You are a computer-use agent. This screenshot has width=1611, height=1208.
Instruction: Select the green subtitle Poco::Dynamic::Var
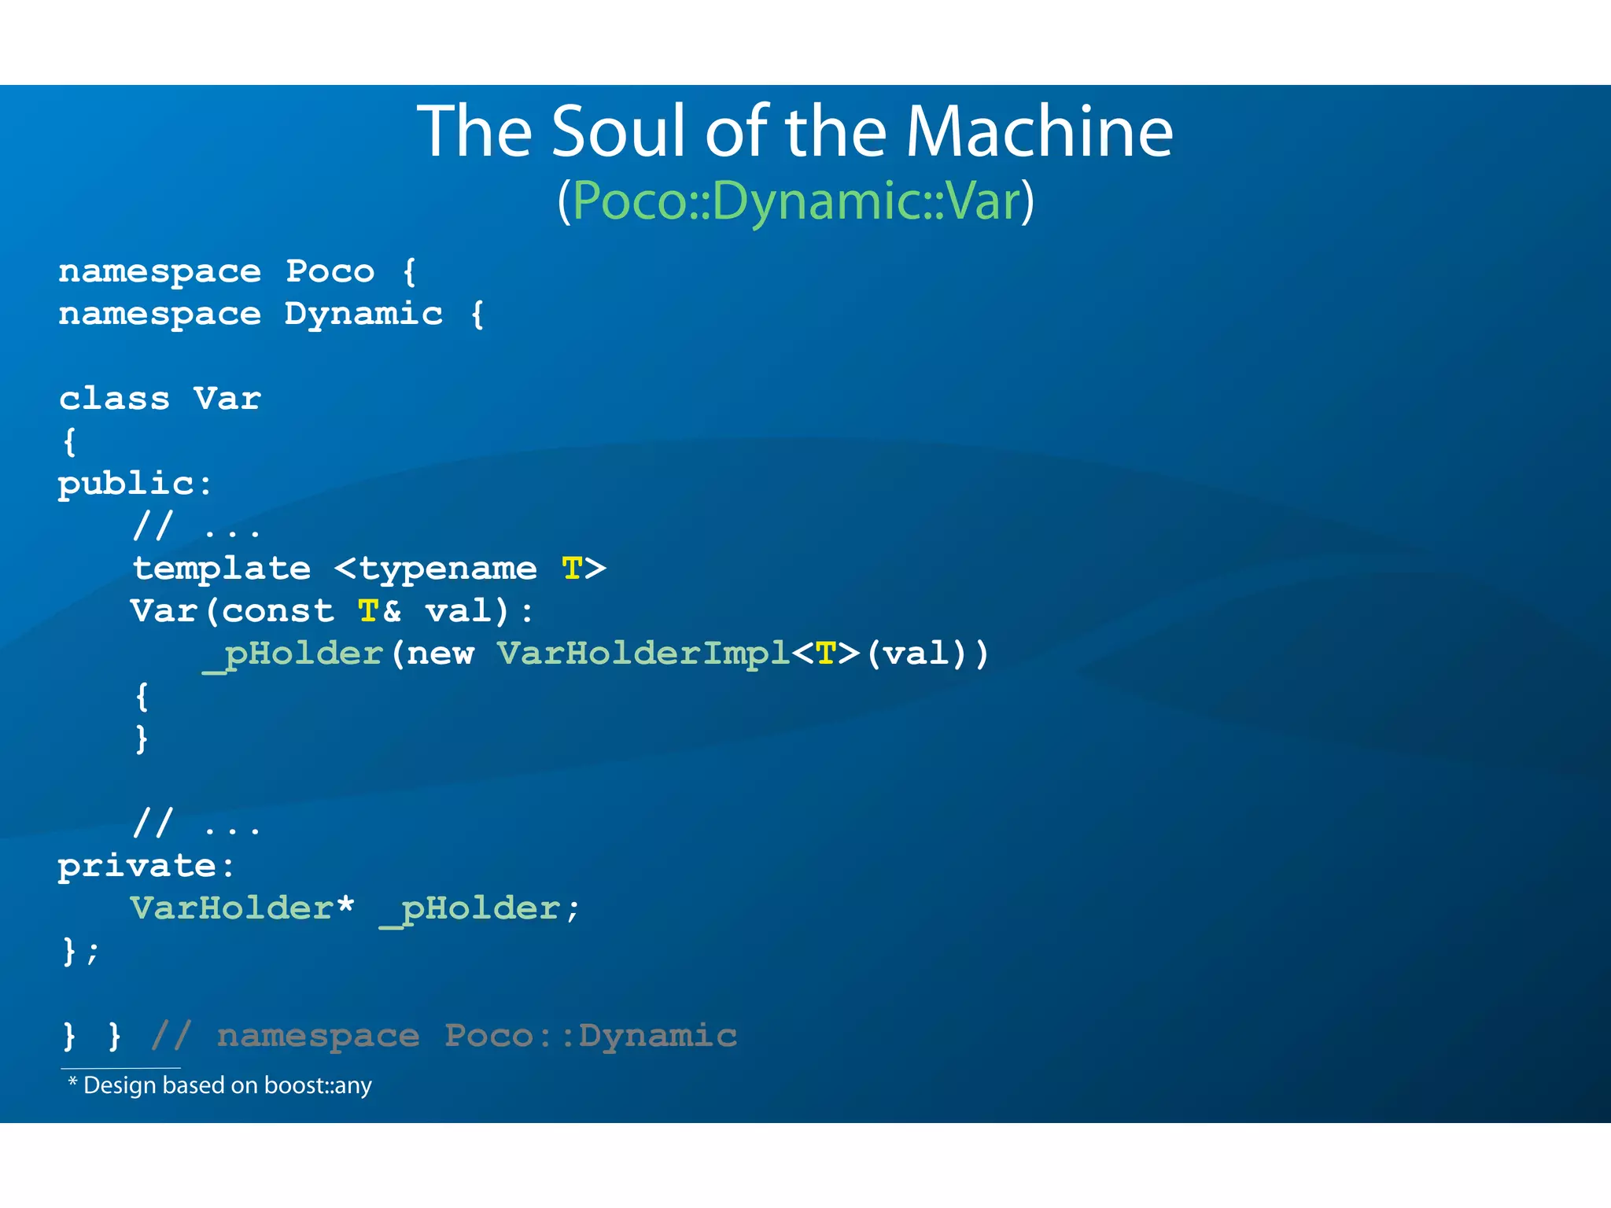795,201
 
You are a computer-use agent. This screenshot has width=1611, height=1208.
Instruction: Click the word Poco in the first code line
330,271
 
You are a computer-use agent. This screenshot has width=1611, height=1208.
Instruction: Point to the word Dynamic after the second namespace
363,314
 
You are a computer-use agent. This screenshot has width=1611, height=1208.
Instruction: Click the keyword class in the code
114,399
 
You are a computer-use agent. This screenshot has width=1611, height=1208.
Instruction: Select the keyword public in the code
126,484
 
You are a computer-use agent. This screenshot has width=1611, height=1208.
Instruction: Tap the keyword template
222,568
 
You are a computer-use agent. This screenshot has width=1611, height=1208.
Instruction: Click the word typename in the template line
448,569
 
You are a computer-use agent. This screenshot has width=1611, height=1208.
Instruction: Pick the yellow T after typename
572,568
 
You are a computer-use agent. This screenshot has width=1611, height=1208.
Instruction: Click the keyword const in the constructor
278,611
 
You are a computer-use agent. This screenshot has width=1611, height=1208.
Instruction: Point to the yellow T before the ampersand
368,611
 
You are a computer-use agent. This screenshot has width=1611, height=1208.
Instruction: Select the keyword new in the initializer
441,654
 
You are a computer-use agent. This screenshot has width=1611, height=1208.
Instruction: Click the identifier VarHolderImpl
643,654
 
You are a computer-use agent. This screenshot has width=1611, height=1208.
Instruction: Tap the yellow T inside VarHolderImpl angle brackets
826,654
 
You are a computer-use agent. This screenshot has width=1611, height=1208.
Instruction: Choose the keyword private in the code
137,866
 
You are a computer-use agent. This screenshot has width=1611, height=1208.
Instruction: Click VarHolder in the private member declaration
232,908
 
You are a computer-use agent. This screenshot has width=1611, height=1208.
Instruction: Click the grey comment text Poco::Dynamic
590,1036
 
